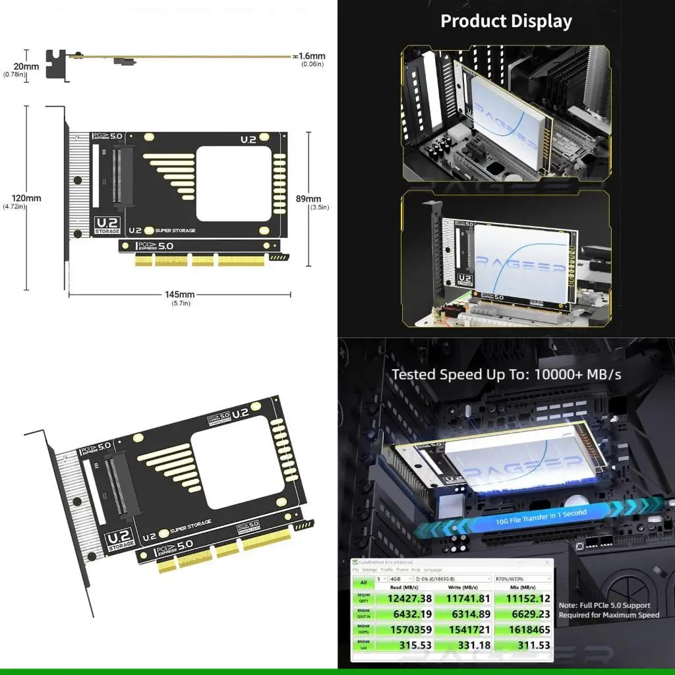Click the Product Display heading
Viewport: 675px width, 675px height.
pyautogui.click(x=506, y=20)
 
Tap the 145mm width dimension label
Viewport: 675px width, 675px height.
pyautogui.click(x=179, y=294)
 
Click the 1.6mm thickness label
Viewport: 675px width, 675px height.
pyautogui.click(x=312, y=56)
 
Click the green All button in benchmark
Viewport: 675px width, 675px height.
pyautogui.click(x=363, y=583)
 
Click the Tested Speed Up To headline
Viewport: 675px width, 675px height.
pyautogui.click(x=506, y=374)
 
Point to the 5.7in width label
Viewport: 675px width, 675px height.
pyautogui.click(x=179, y=303)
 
